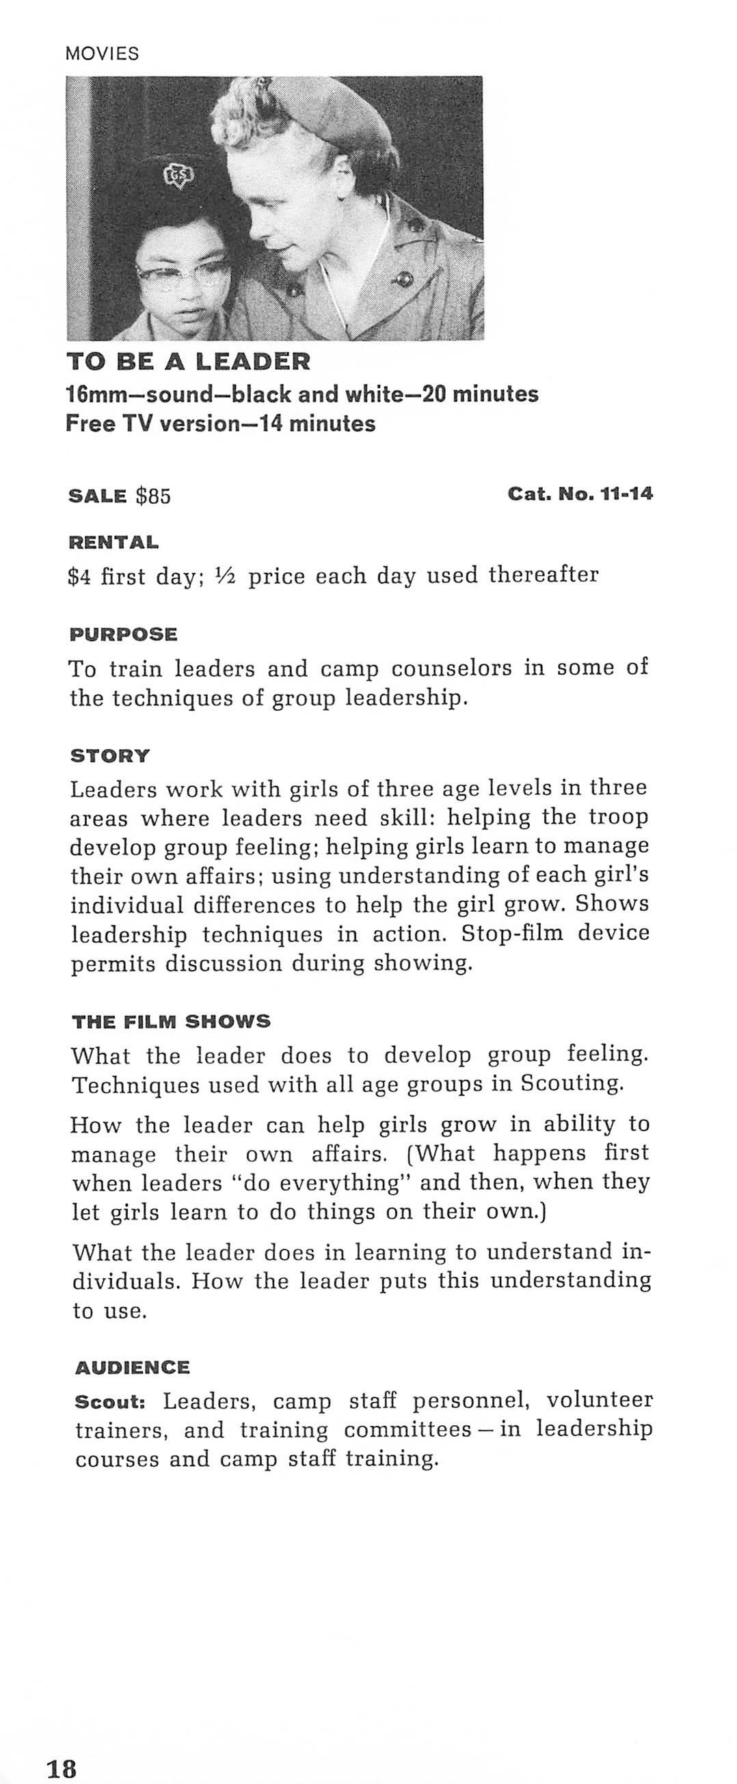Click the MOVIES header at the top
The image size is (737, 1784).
[102, 53]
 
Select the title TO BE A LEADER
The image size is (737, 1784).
[189, 362]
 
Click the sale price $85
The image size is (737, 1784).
[153, 496]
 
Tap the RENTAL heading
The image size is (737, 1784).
[113, 542]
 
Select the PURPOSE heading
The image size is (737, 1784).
[123, 634]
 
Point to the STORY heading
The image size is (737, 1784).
[109, 755]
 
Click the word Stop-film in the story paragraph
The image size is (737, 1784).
[512, 934]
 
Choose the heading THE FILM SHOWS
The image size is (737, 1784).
[171, 1021]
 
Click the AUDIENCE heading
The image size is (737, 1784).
[133, 1368]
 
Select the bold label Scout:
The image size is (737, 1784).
[110, 1402]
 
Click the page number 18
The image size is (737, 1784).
[62, 1763]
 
